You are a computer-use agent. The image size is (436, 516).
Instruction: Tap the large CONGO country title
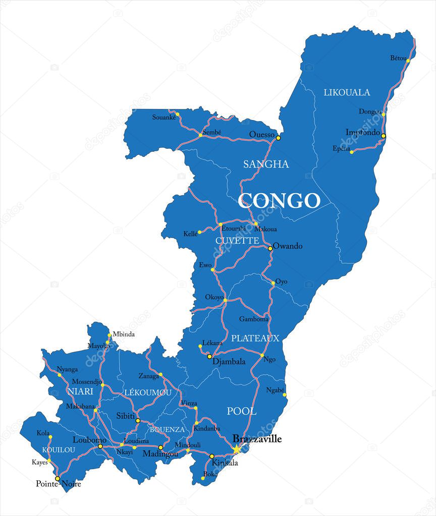(x=279, y=201)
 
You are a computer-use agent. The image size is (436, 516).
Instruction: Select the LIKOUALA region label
(x=347, y=92)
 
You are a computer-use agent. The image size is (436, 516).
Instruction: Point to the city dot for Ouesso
(x=278, y=137)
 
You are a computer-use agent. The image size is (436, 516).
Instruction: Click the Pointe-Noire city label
(x=59, y=484)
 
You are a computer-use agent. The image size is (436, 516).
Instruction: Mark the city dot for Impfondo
(x=383, y=136)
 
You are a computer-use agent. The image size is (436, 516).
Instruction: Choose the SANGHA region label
(x=266, y=164)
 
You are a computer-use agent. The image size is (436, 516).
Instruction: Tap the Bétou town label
(x=398, y=58)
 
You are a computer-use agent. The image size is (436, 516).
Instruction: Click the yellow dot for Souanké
(x=178, y=114)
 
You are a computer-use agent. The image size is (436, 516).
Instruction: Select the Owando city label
(x=288, y=246)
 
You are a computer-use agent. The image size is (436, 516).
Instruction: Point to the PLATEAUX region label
(x=255, y=338)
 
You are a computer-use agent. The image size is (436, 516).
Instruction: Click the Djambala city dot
(x=209, y=356)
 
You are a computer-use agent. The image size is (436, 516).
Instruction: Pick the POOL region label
(x=242, y=412)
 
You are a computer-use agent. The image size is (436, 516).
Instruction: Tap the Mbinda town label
(x=124, y=334)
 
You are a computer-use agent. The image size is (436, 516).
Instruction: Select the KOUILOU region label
(x=59, y=449)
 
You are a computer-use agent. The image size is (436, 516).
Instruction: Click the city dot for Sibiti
(x=138, y=420)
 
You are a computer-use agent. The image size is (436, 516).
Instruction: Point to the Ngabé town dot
(x=285, y=395)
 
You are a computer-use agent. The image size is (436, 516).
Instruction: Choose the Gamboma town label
(x=254, y=319)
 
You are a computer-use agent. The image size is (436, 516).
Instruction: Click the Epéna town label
(x=341, y=148)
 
